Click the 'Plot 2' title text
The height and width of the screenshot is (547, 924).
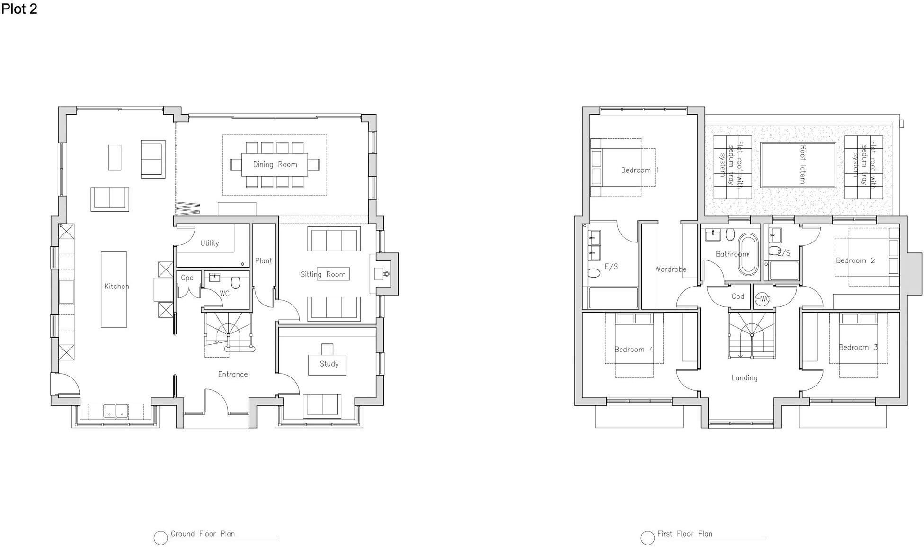19,9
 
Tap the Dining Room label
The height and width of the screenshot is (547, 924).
275,164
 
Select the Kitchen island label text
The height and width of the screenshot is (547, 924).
116,286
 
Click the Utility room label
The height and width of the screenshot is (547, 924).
209,243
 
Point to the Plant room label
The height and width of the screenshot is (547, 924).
264,260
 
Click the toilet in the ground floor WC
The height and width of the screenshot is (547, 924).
236,283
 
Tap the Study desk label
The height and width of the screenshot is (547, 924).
329,364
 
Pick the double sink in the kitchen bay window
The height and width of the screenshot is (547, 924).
116,411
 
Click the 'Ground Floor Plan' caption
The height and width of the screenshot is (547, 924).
203,534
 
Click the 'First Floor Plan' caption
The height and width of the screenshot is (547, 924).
684,534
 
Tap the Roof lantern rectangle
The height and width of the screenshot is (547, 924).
798,164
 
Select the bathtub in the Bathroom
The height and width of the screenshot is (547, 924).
748,254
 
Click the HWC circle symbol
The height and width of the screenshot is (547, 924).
762,299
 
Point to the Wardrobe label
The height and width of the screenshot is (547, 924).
670,269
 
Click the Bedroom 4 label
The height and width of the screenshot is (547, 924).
634,350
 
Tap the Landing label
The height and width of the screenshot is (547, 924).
744,378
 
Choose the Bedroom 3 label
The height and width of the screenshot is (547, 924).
858,347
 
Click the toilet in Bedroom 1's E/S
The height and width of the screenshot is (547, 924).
593,273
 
